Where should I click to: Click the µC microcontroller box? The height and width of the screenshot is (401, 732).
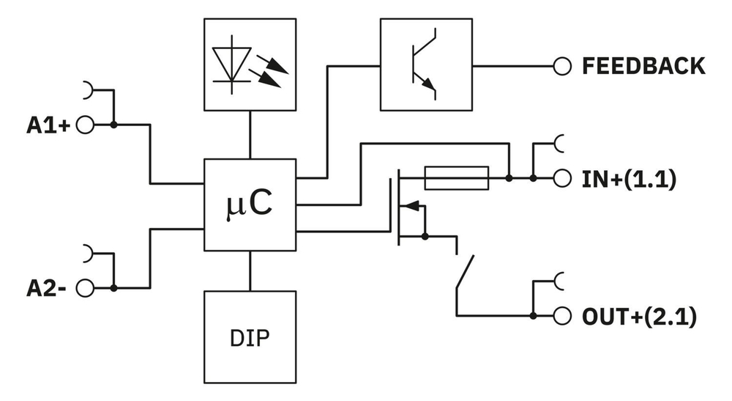[x=250, y=205]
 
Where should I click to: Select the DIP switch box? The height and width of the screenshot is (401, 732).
[x=250, y=337]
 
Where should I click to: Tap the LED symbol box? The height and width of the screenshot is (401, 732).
[x=250, y=65]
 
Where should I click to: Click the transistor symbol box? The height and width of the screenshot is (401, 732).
[x=426, y=65]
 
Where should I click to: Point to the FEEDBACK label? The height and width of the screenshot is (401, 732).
[x=643, y=66]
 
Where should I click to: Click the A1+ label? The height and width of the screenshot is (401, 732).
[x=48, y=125]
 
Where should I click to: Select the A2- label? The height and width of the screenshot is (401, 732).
[x=47, y=287]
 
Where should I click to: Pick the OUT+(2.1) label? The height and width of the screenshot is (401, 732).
[x=638, y=317]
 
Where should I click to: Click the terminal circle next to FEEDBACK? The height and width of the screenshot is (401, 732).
[x=561, y=66]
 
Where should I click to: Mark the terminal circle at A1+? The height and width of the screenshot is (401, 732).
[x=85, y=125]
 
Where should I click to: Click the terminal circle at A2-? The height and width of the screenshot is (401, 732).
[x=85, y=287]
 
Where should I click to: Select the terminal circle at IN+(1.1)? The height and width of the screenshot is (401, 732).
[x=561, y=178]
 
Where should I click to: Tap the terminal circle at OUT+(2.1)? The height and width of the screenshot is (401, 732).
[x=561, y=316]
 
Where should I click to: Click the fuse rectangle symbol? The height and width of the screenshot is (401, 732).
[x=457, y=177]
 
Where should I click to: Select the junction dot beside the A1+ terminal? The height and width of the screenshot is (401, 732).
[x=113, y=125]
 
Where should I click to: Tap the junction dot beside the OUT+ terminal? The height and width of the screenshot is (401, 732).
[x=533, y=316]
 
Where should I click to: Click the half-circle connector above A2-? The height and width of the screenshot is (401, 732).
[x=89, y=253]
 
